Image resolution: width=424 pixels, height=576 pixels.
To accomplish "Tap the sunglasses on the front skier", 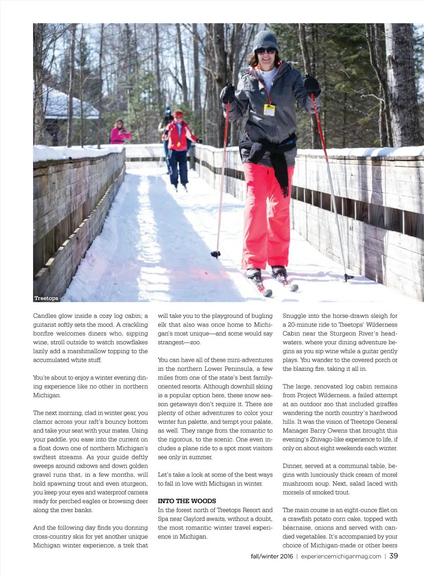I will coord(265,51).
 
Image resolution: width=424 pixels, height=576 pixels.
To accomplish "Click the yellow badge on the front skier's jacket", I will coord(269,110).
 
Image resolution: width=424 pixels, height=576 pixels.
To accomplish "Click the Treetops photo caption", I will coord(46,298).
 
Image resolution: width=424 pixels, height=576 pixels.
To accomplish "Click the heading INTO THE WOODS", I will coord(187,501).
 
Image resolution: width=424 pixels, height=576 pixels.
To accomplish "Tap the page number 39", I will coord(393,556).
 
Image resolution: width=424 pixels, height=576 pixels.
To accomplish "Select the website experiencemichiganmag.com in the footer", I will coord(341,557).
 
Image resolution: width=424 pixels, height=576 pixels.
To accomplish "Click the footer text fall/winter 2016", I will coord(272,557).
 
